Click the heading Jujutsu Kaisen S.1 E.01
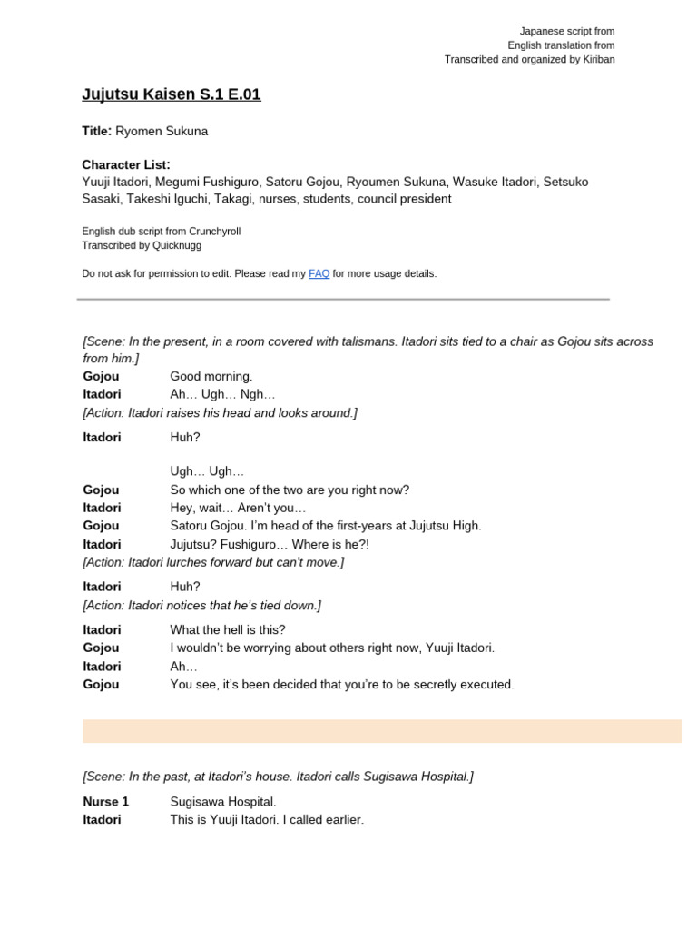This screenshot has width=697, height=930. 172,94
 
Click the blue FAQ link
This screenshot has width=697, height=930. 319,273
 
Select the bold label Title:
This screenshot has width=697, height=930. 97,131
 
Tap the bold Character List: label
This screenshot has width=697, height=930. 126,164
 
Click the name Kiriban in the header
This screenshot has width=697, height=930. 595,60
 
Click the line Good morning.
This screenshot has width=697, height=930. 211,376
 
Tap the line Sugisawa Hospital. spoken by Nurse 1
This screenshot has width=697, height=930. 223,801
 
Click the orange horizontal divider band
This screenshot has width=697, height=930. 382,731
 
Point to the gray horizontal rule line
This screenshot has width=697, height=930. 343,299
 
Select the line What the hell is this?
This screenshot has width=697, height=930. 228,629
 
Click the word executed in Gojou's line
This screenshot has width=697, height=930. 486,684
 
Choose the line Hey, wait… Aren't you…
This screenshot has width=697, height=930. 239,508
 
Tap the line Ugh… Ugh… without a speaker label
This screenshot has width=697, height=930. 207,471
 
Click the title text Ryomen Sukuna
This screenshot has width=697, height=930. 162,131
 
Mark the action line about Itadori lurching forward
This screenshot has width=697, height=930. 213,562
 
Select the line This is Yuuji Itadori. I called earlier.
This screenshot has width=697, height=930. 267,819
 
